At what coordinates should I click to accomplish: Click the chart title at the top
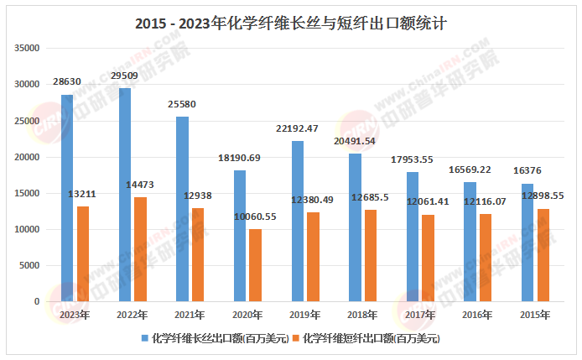click(290, 23)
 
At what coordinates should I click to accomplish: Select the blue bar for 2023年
click(67, 198)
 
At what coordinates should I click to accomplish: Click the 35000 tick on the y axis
click(28, 49)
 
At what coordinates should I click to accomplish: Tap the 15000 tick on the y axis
click(28, 193)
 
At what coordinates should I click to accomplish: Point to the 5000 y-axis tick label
click(30, 265)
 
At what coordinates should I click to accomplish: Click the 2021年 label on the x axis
click(190, 315)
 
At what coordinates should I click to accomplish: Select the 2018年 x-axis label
click(362, 315)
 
